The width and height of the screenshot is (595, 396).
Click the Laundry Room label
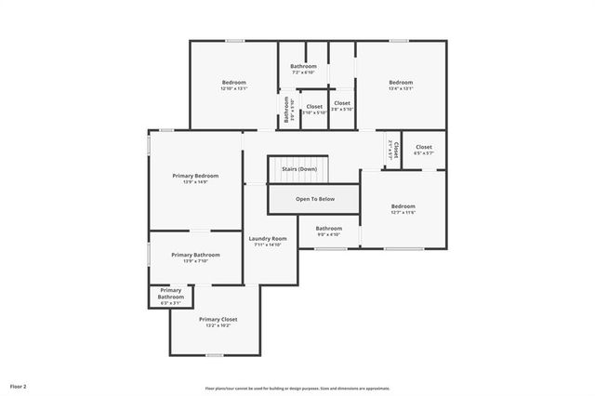[267, 239]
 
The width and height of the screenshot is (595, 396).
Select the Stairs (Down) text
[299, 169]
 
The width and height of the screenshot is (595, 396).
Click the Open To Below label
[314, 199]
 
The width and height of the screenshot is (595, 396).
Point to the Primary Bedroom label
[195, 176]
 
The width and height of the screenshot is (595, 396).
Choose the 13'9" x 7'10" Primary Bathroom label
[195, 255]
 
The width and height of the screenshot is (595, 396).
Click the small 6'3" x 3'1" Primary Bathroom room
[171, 297]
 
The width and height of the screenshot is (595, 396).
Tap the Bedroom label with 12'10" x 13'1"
[233, 84]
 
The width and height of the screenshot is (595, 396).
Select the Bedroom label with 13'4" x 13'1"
[400, 84]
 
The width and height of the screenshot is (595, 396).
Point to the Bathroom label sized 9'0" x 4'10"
[328, 229]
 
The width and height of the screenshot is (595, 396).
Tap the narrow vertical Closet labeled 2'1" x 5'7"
[393, 150]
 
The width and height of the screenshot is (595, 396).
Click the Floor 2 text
[19, 385]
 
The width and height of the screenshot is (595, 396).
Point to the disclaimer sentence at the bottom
[297, 389]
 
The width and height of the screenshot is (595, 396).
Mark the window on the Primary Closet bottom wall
[215, 355]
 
